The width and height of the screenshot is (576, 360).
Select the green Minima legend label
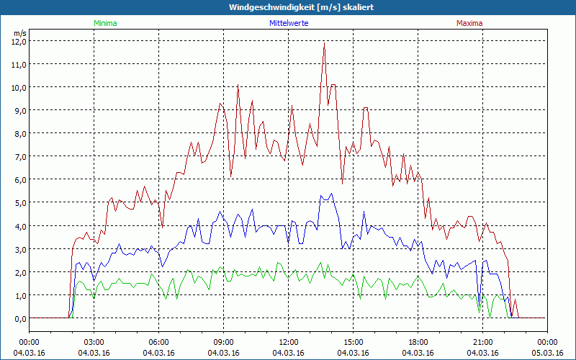click(x=104, y=23)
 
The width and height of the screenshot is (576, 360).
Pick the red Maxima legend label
click(x=469, y=23)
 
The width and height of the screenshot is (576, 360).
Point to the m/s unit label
click(x=19, y=33)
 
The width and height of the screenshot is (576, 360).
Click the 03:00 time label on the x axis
click(x=94, y=342)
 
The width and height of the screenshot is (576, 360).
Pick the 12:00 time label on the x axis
click(x=289, y=342)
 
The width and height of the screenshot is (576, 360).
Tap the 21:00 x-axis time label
click(x=483, y=342)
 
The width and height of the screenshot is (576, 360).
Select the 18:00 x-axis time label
click(x=418, y=342)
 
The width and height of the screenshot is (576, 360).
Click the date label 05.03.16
click(x=548, y=353)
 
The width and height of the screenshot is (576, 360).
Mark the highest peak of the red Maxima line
click(x=325, y=43)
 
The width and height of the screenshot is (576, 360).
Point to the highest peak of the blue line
click(x=331, y=194)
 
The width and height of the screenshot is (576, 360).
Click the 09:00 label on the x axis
click(x=224, y=342)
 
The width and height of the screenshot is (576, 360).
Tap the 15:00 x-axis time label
click(x=354, y=342)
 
